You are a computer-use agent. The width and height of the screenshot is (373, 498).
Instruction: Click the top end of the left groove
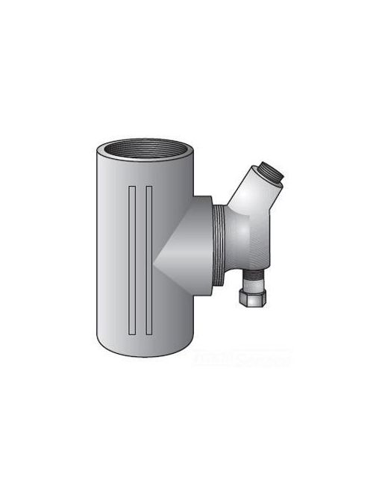[x=132, y=186]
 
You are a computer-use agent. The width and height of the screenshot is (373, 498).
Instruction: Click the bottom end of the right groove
[x=149, y=330]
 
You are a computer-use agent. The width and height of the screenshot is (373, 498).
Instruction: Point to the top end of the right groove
[x=149, y=186]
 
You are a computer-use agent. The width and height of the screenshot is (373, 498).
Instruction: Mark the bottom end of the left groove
[x=132, y=330]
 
